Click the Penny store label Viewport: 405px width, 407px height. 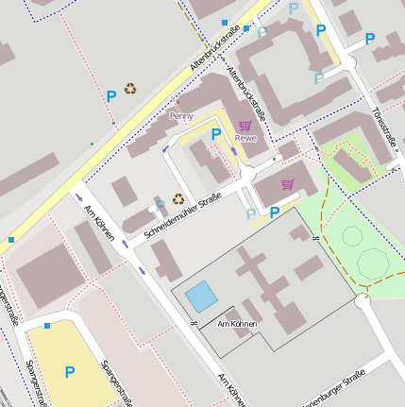click(180, 115)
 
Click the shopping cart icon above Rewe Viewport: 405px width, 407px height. click(245, 126)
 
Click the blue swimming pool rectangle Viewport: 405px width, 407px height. click(201, 297)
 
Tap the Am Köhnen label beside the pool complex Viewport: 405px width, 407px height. click(237, 325)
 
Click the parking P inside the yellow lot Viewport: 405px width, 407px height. click(69, 373)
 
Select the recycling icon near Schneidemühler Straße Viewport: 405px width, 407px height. click(177, 199)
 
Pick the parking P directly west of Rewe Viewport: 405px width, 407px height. click(216, 134)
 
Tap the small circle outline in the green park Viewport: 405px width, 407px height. click(352, 237)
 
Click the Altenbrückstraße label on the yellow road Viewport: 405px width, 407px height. click(213, 48)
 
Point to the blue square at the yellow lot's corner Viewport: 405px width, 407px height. click(47, 325)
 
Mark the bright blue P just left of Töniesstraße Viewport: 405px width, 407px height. click(370, 40)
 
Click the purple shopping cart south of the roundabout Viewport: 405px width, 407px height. click(288, 183)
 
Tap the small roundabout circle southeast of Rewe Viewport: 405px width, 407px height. click(248, 174)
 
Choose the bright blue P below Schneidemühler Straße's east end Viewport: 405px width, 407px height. click(275, 213)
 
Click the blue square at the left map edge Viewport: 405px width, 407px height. click(11, 240)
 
